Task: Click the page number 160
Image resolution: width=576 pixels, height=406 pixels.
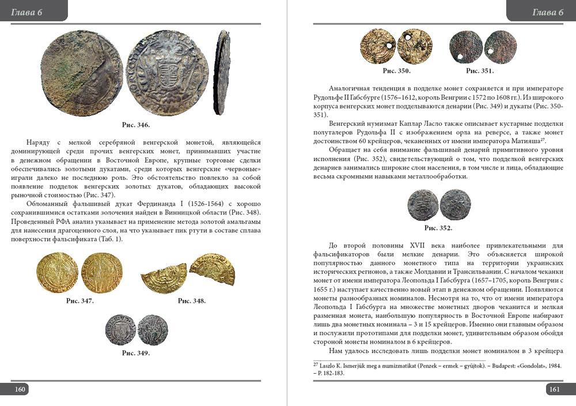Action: click(x=20, y=390)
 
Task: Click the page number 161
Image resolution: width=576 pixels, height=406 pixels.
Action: click(x=554, y=390)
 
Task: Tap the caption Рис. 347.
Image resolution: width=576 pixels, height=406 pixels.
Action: click(x=80, y=301)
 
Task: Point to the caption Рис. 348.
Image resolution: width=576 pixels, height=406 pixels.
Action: click(x=192, y=301)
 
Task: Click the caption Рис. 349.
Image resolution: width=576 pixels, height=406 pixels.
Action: click(x=136, y=353)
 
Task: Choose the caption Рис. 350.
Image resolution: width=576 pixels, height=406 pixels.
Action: click(x=396, y=71)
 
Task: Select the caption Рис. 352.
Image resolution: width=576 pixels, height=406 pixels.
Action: click(x=438, y=228)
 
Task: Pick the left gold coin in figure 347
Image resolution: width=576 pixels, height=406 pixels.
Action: click(x=58, y=272)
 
